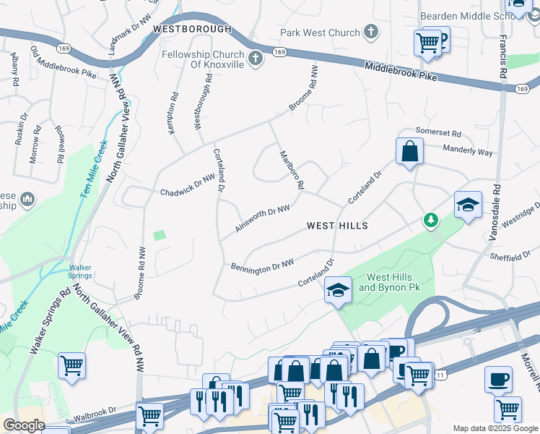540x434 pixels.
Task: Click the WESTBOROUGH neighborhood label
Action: click(x=193, y=29)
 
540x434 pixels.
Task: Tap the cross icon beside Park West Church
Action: click(x=370, y=32)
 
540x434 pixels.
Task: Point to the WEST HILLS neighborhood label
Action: click(x=337, y=226)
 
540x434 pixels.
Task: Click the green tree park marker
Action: click(x=431, y=219)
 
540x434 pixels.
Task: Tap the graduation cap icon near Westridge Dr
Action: click(x=467, y=205)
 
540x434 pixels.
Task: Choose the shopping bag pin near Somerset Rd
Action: click(x=409, y=152)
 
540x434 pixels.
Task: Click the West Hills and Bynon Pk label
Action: click(x=389, y=283)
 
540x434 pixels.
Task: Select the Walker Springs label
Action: click(x=81, y=271)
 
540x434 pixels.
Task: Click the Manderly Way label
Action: click(x=469, y=153)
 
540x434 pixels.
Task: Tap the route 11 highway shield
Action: click(x=440, y=374)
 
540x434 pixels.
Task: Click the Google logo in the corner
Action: click(x=24, y=426)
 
